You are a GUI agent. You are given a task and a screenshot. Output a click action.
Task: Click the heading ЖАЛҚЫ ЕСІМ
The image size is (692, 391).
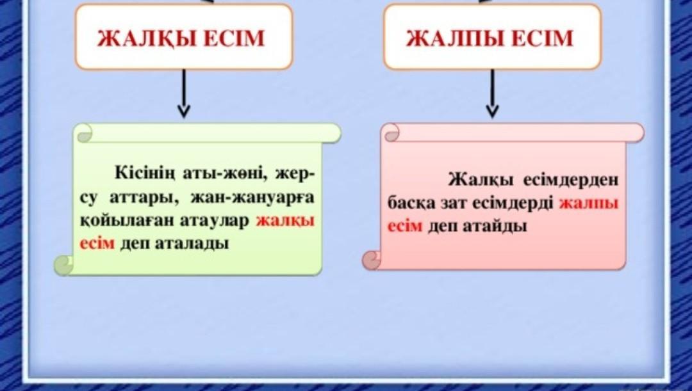point(181,38)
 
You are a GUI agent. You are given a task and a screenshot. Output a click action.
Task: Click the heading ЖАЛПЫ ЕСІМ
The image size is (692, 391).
point(490,38)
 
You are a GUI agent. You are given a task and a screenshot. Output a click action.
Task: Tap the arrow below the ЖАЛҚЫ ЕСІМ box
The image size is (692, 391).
point(184,93)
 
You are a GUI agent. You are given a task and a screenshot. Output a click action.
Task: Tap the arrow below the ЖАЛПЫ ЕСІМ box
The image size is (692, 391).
point(492,93)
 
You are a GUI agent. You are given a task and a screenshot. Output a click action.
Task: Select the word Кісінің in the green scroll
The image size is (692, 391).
point(145,173)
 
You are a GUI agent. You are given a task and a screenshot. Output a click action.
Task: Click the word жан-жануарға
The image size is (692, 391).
point(252,197)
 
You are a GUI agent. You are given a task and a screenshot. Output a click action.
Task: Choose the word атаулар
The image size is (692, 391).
point(215,221)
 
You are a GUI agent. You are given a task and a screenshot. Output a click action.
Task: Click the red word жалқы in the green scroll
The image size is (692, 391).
point(285,220)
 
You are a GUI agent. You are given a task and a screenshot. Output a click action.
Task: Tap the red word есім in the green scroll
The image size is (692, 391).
point(97,243)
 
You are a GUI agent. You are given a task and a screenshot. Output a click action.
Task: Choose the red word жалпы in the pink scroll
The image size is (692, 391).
point(589,203)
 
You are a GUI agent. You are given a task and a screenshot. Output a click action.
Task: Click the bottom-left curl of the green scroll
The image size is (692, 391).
point(64,266)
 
